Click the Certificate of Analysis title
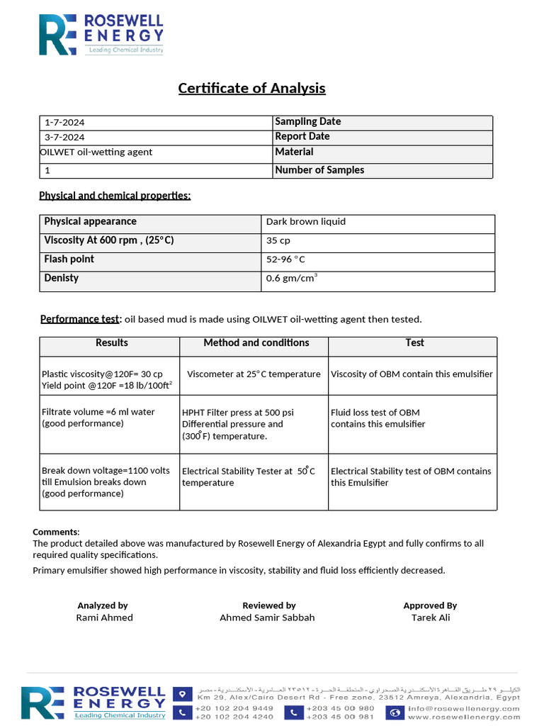point(251,89)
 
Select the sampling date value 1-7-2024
point(64,123)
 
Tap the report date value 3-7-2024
point(64,138)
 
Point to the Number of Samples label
point(319,170)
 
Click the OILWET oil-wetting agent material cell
point(96,152)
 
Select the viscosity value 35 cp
point(278,241)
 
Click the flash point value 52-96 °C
point(285,259)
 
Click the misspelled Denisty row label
point(62,278)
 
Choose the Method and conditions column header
point(256,343)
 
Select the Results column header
point(112,343)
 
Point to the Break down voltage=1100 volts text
point(106,471)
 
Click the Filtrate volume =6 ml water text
point(98,412)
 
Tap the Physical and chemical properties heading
point(115,196)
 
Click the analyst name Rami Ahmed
point(104,618)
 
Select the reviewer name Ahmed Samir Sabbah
point(267,618)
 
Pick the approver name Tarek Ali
point(430,618)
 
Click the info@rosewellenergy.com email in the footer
point(473,708)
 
